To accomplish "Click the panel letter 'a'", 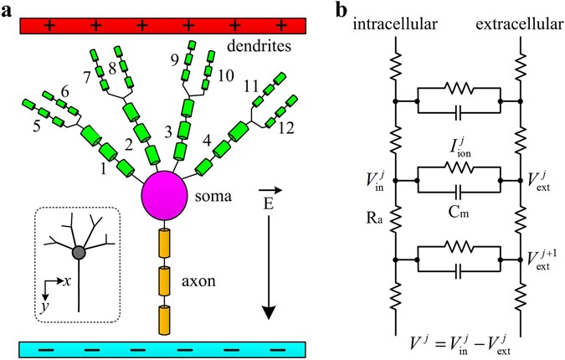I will pos(9,11).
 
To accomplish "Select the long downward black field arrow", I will pos(268,267).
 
